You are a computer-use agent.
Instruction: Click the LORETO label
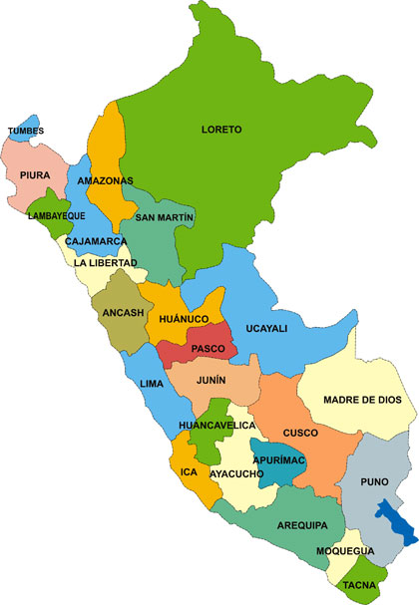tap(221, 130)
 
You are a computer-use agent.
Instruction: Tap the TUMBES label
tap(25, 131)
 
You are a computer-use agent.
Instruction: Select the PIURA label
tap(35, 174)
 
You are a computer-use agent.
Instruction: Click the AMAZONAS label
tap(105, 180)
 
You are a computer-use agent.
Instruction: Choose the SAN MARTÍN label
tap(165, 216)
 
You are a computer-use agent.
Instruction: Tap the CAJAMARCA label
tap(95, 241)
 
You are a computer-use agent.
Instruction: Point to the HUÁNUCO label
tap(183, 318)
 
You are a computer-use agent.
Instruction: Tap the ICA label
tap(189, 470)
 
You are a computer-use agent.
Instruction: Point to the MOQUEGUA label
tap(344, 551)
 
